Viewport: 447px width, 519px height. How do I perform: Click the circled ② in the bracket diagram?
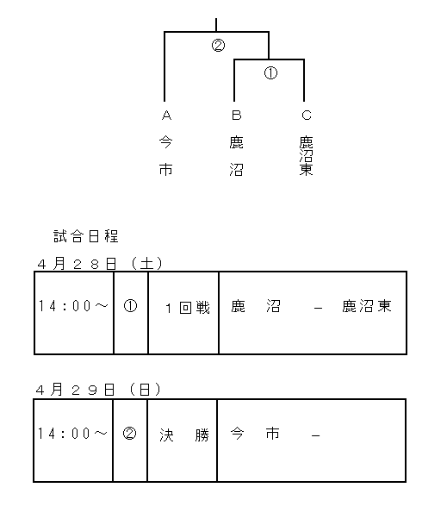[218, 45]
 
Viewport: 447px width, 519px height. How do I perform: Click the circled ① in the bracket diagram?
[270, 72]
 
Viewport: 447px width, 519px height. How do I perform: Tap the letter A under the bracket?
[166, 116]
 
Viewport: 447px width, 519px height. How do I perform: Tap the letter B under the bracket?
[236, 116]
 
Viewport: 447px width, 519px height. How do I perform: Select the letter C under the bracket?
[307, 116]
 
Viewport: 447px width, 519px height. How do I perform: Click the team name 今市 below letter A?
[166, 155]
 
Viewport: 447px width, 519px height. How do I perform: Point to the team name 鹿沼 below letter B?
[236, 155]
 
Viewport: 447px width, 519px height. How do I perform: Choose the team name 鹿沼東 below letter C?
[306, 155]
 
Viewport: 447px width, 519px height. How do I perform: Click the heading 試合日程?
[86, 236]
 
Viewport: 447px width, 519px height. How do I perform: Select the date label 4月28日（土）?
[100, 264]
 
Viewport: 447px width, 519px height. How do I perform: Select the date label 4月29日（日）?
[98, 390]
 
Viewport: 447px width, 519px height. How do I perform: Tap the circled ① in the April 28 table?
[130, 306]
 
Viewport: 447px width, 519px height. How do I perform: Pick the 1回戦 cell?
[188, 308]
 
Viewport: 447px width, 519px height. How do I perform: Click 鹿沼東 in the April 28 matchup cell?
[367, 306]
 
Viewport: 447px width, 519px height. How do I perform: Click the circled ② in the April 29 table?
[129, 434]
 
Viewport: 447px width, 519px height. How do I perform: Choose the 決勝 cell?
[184, 435]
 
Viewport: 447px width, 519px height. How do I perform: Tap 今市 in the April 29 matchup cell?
[255, 434]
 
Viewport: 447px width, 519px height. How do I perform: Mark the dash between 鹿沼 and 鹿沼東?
[318, 309]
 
